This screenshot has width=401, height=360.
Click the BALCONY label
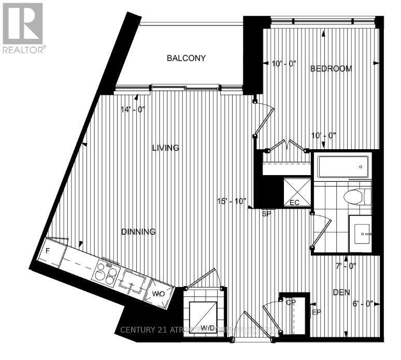pos(186,58)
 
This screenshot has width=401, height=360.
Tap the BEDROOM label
pos(331,68)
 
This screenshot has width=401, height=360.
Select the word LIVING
pos(165,148)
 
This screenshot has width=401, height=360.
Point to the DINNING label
pos(138,232)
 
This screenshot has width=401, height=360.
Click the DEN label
pos(341,293)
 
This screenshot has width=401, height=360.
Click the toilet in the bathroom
pos(357,196)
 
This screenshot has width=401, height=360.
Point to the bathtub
pos(342,166)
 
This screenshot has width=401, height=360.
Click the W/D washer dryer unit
pos(204,313)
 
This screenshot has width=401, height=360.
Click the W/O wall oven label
pos(158,294)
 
